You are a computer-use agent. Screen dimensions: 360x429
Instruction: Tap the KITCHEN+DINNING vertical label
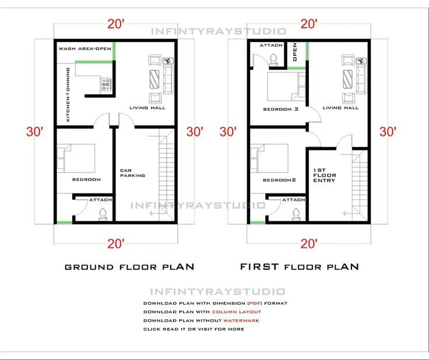click(69, 94)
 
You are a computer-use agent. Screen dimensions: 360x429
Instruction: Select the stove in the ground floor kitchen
click(106, 86)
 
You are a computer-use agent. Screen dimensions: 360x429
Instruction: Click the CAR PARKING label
click(132, 173)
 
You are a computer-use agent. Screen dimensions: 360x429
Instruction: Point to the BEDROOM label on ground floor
click(86, 179)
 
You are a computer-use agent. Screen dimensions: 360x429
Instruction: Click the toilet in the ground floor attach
click(103, 213)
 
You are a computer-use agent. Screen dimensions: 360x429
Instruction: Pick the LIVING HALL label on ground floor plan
click(147, 108)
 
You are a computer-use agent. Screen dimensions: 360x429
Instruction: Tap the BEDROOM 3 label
click(281, 109)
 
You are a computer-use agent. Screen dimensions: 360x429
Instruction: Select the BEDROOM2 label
click(280, 180)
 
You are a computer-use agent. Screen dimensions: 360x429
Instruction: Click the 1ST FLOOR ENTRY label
click(324, 175)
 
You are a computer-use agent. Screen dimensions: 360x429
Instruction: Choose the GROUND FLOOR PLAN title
click(129, 267)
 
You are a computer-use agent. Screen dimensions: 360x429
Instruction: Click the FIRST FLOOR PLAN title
click(300, 267)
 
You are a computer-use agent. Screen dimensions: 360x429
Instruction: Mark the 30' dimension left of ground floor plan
click(34, 132)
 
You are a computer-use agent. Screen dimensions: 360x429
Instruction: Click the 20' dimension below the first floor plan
click(309, 243)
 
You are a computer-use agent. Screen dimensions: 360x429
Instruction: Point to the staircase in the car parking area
click(165, 175)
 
